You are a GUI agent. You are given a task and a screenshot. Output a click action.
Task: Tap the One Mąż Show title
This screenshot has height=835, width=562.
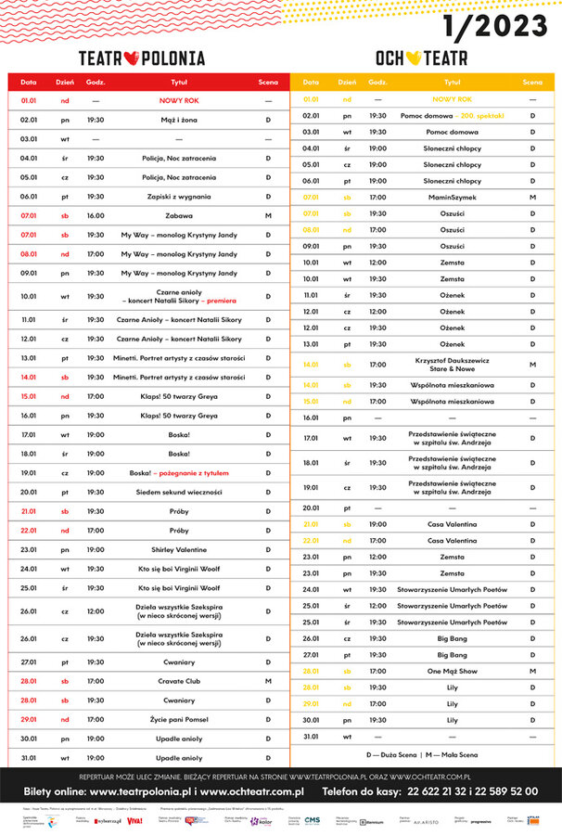[452, 671]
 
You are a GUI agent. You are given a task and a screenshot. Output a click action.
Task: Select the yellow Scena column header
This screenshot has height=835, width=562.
[532, 83]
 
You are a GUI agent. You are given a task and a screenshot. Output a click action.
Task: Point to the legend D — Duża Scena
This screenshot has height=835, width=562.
[390, 755]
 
